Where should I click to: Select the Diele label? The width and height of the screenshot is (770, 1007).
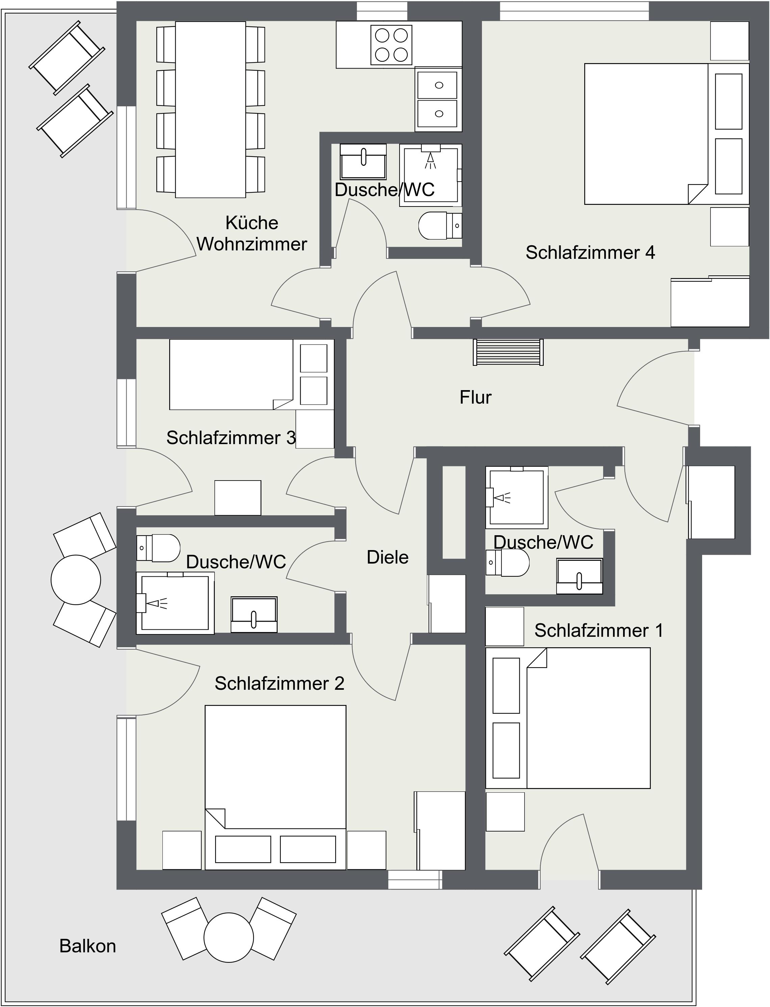click(x=387, y=557)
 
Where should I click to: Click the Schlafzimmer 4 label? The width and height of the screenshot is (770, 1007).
click(x=590, y=253)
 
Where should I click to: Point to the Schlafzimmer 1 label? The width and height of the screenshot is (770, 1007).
click(x=598, y=631)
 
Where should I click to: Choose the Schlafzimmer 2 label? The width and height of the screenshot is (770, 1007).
click(x=279, y=684)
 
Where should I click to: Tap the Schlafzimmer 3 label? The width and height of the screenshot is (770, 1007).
click(x=231, y=438)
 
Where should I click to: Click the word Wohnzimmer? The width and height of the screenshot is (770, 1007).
click(x=252, y=244)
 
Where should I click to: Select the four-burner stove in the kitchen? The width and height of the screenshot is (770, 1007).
click(x=391, y=45)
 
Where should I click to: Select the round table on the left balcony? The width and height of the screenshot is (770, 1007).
click(x=76, y=580)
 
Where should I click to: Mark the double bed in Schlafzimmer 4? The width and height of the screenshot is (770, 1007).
click(x=667, y=134)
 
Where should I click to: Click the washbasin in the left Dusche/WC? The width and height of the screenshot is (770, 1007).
click(x=254, y=614)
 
